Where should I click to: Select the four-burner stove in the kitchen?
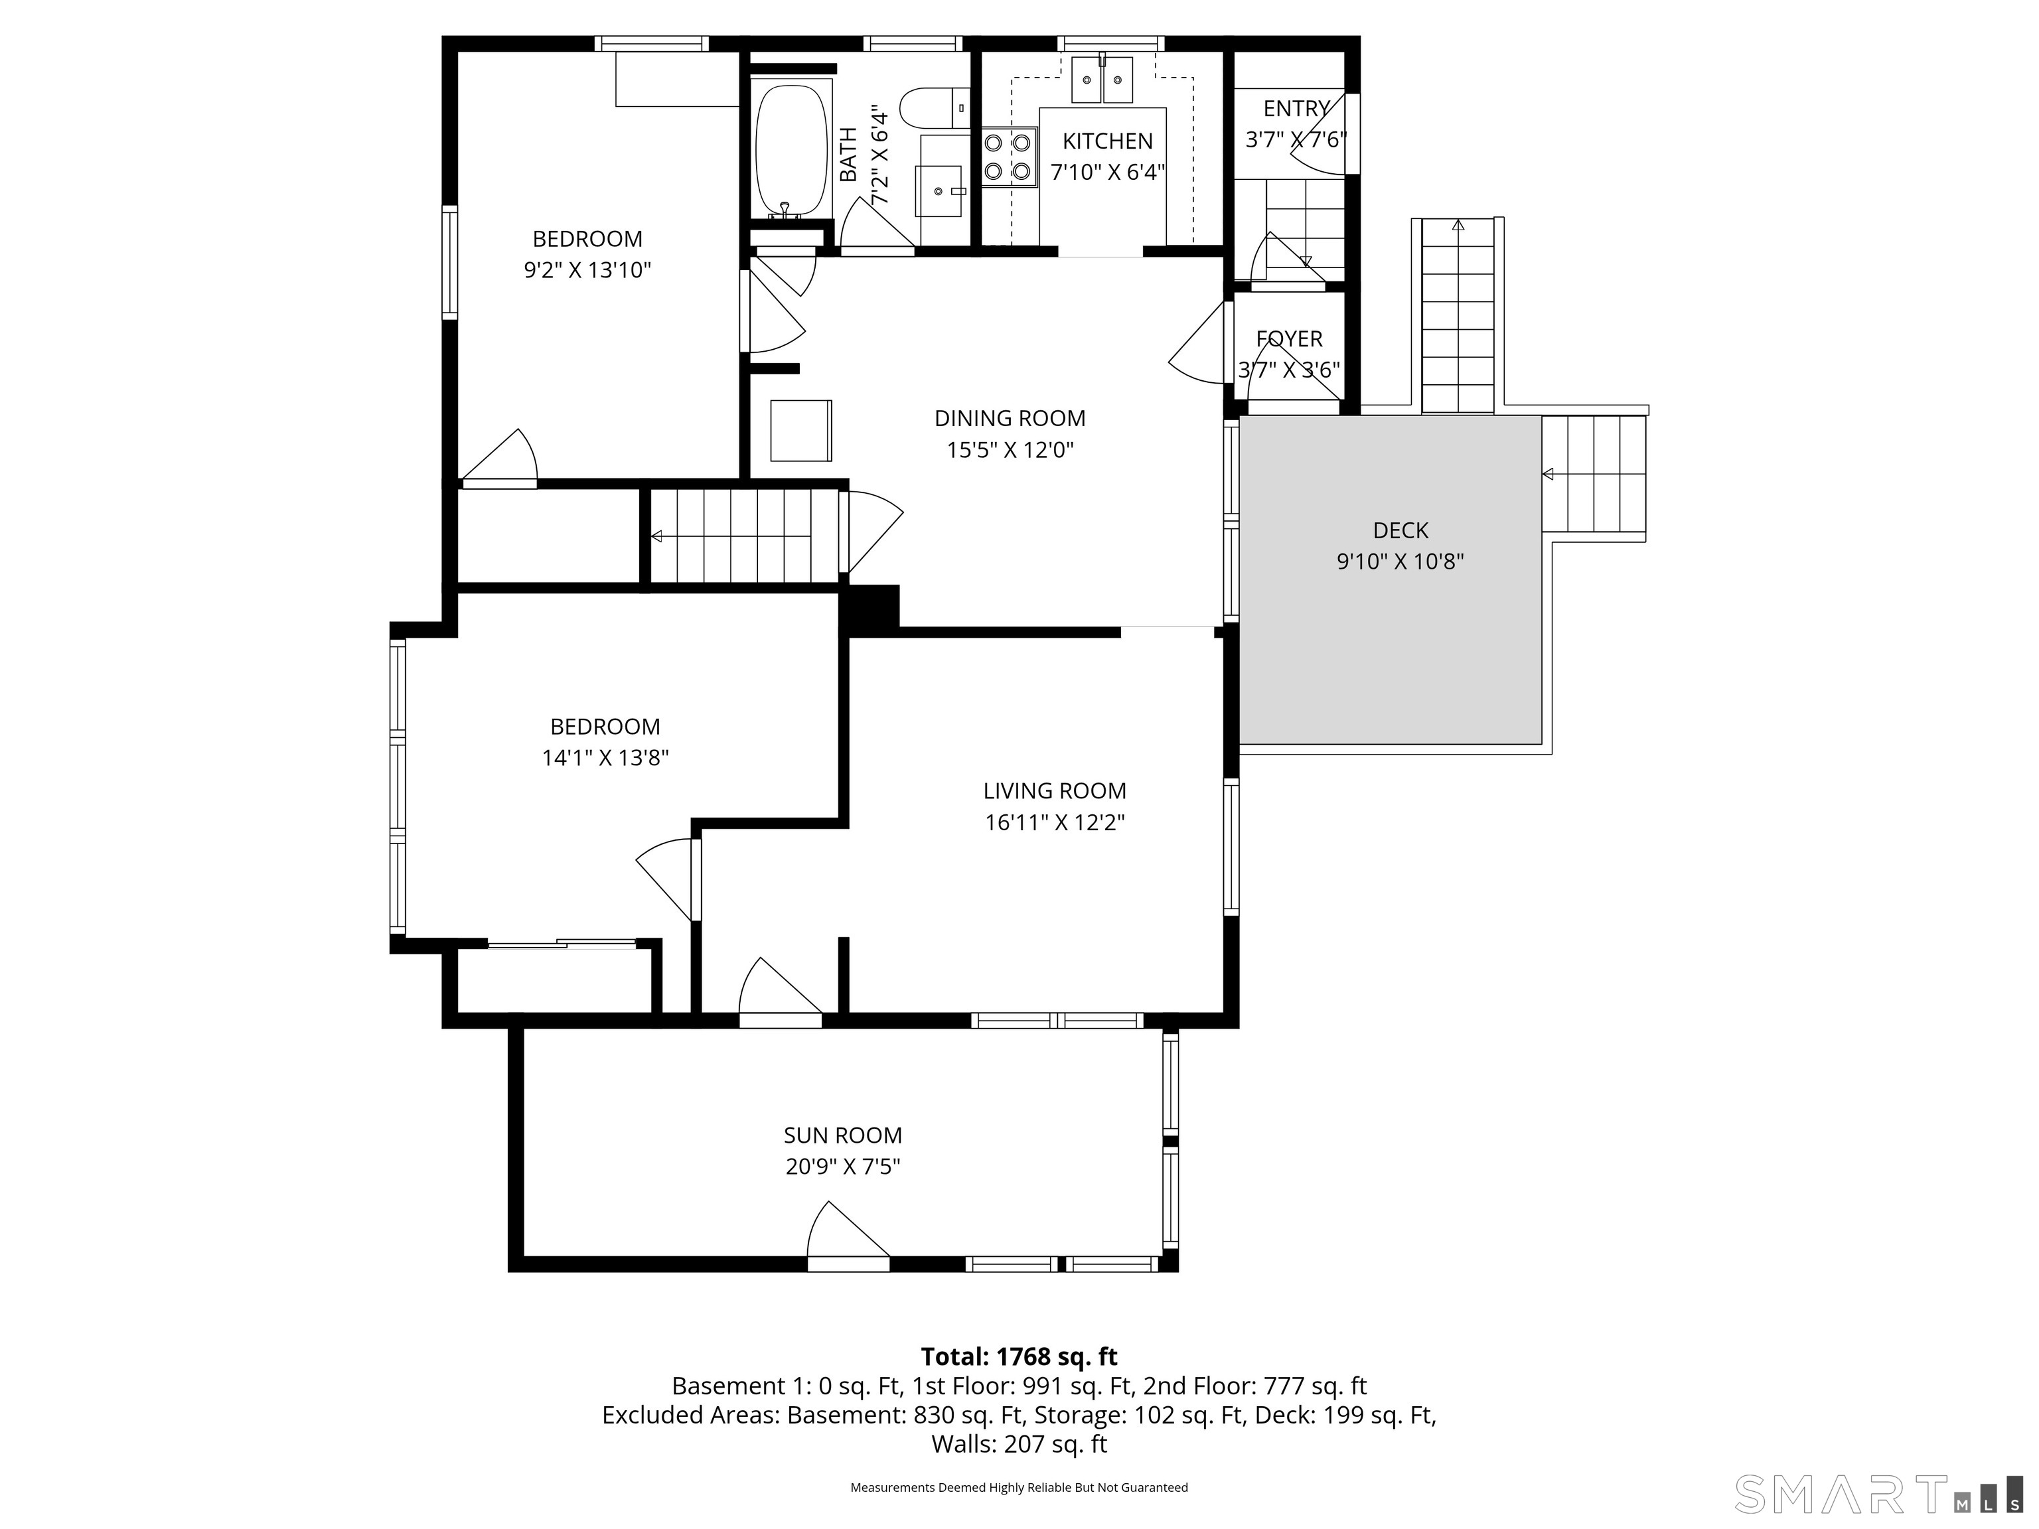1008,157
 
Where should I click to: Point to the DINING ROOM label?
1010,419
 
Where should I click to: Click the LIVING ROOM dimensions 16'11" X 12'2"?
1055,822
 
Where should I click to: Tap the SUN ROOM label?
842,1135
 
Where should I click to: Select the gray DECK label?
1400,530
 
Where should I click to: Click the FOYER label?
1289,339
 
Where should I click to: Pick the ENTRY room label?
1295,109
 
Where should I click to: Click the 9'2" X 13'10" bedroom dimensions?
587,270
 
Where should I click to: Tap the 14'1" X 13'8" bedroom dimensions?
605,758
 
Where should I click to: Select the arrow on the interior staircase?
657,536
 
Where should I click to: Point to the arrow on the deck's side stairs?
1548,474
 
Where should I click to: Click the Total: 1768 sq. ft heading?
1019,1356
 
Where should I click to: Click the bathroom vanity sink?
939,190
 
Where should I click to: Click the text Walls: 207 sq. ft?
1019,1444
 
